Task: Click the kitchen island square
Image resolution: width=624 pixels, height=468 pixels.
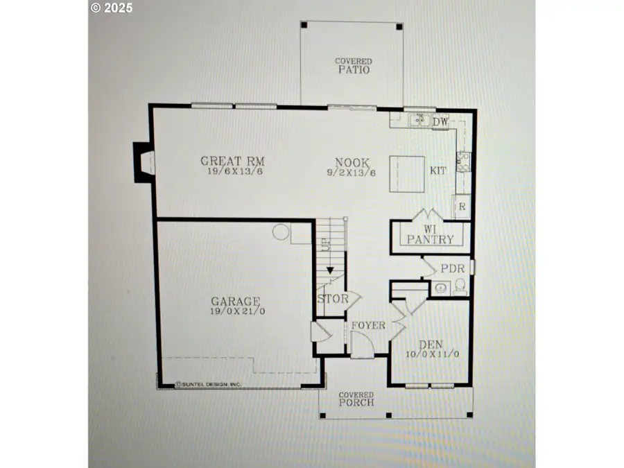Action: click(x=406, y=175)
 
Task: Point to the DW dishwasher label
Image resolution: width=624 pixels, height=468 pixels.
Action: click(x=441, y=123)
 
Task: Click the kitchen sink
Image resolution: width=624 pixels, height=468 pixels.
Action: click(x=417, y=120)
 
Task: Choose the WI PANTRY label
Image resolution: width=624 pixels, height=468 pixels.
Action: click(x=430, y=234)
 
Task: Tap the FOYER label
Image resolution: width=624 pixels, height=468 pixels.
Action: click(x=368, y=325)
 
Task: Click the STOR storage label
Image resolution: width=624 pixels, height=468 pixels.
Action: click(x=333, y=300)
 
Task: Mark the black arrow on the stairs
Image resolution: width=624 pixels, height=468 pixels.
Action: click(x=330, y=270)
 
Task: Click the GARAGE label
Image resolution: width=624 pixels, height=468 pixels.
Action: click(x=236, y=302)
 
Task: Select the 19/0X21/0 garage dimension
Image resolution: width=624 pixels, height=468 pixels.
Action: click(x=236, y=311)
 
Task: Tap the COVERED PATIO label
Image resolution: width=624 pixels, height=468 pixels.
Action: click(x=354, y=66)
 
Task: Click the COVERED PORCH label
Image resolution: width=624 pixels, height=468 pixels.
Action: click(x=356, y=399)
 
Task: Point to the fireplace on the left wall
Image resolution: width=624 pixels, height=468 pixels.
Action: click(x=142, y=162)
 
